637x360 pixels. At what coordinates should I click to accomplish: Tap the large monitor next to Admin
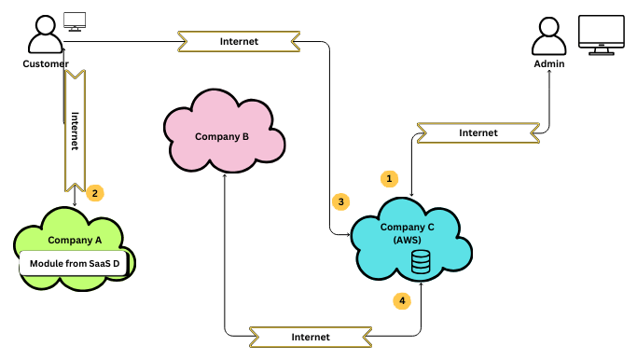tap(602, 35)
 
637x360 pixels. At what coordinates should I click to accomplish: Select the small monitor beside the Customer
tap(75, 20)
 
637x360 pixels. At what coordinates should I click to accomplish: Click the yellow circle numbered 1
tap(391, 178)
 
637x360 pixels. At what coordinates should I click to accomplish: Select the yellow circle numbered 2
tap(94, 193)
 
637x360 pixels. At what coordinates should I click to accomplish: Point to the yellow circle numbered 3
tap(341, 201)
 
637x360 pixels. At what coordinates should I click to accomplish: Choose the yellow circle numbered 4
tap(402, 301)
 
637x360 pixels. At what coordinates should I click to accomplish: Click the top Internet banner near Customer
tap(239, 42)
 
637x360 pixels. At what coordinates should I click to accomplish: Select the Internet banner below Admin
tap(478, 133)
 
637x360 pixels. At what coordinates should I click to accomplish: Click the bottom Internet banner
tap(311, 336)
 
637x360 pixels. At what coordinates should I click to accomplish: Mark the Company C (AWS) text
tap(407, 233)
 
